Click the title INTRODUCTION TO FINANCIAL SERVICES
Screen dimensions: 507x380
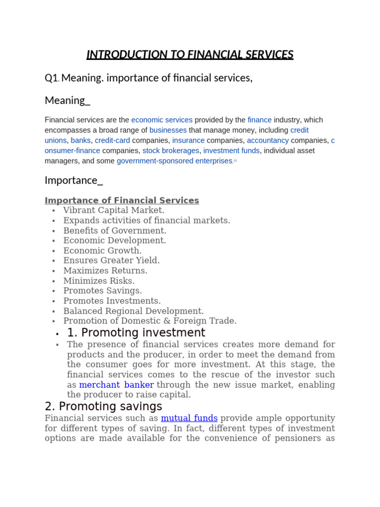(x=190, y=54)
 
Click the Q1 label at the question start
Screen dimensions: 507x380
(x=51, y=78)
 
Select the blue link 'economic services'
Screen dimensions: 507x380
(x=162, y=120)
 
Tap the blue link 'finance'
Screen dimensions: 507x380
(x=259, y=120)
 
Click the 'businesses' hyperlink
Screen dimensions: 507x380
(x=168, y=130)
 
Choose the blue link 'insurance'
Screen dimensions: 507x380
(x=188, y=141)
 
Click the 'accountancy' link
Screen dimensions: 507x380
(x=268, y=141)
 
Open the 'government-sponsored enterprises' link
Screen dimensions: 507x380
(x=175, y=161)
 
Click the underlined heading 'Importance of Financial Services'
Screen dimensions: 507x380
(x=122, y=201)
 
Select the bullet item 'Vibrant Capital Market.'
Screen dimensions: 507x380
(x=114, y=210)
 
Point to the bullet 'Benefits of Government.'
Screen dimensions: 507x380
(x=115, y=231)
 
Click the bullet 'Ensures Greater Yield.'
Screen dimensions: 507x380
(x=111, y=260)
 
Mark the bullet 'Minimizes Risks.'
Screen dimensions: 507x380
(x=99, y=281)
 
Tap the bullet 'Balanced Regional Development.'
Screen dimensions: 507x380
(x=134, y=311)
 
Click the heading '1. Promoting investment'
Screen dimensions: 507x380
(x=136, y=333)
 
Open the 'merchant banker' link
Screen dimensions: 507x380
(x=116, y=385)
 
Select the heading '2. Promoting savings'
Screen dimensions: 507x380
(x=103, y=406)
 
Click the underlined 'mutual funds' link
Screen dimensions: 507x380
(x=189, y=418)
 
